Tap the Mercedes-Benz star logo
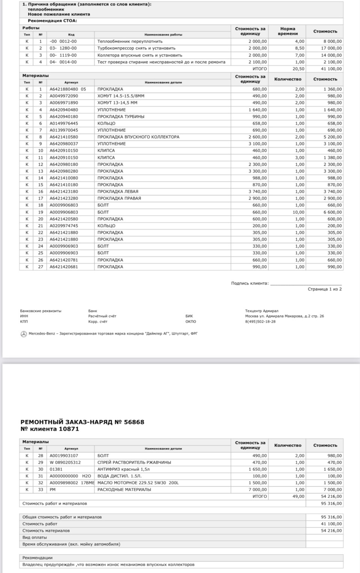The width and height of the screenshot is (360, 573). (x=24, y=334)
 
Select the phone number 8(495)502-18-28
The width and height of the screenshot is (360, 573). (x=260, y=321)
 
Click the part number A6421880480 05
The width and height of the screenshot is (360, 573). (x=68, y=89)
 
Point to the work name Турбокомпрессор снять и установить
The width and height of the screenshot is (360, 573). (x=136, y=48)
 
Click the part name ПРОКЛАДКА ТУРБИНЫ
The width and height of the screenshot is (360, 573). (x=121, y=117)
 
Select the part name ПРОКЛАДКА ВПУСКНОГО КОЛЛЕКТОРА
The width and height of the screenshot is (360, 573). (x=138, y=137)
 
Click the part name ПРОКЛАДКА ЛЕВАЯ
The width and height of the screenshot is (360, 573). (x=118, y=192)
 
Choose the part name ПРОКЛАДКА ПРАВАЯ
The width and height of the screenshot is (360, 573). (x=119, y=198)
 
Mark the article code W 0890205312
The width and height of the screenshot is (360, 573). (x=65, y=462)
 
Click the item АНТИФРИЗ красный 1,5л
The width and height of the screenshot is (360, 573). (x=123, y=469)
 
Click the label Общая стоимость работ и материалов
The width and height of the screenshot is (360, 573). (x=62, y=517)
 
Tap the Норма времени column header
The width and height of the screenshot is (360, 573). (x=288, y=31)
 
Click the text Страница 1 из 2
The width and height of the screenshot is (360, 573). (x=325, y=289)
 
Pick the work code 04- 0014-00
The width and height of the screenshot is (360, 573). (x=63, y=62)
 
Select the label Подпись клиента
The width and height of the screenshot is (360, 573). (x=250, y=283)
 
